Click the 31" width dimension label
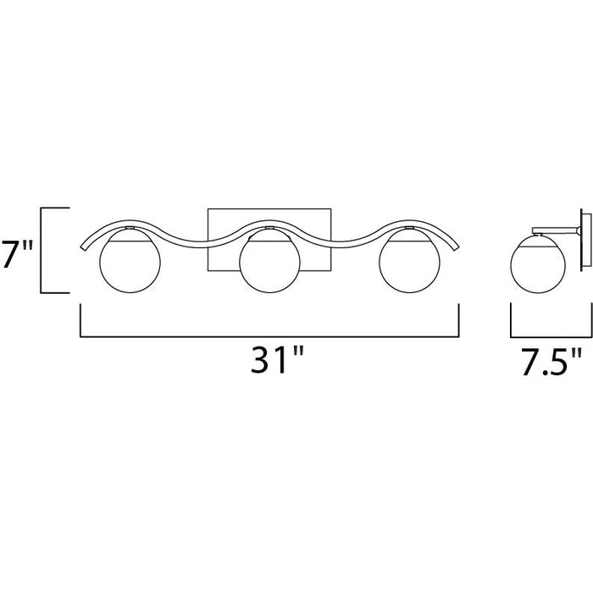tap(277, 360)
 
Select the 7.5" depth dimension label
tap(551, 363)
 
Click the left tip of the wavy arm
tap(82, 247)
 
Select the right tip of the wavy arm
tap(457, 247)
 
